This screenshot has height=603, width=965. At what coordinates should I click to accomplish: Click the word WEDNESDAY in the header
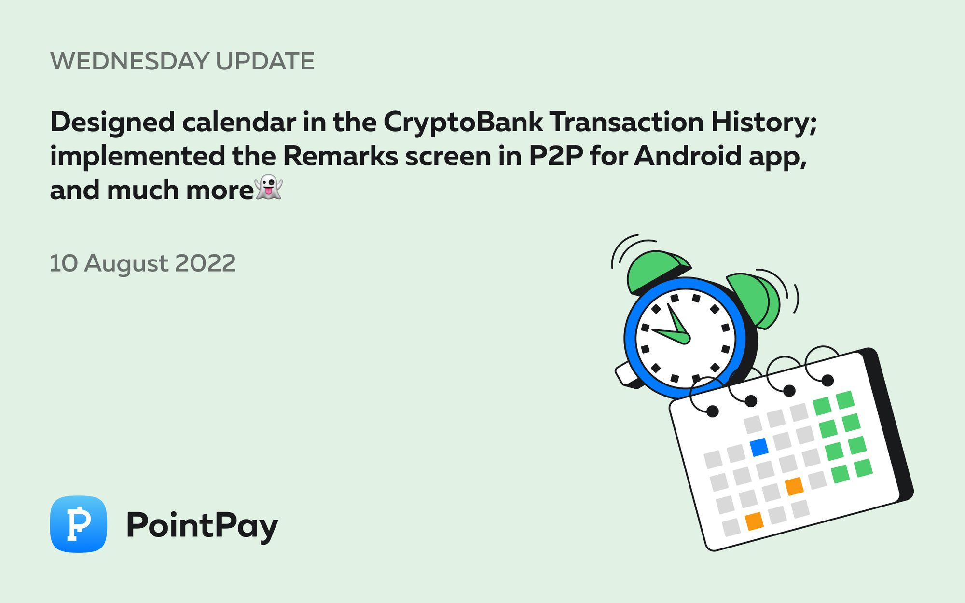129,61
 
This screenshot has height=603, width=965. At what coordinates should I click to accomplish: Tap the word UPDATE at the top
265,61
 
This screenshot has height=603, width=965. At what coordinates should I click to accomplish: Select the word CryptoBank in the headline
463,122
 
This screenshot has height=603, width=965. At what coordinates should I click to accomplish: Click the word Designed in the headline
112,122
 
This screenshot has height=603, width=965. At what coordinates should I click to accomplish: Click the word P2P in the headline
556,156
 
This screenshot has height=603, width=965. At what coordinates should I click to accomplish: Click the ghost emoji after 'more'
269,187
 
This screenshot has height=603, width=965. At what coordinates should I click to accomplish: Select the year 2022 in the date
205,263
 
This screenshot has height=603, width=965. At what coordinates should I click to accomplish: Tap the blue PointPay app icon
78,524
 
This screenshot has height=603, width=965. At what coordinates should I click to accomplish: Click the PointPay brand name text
202,525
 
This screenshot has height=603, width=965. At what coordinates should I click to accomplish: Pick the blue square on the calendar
759,447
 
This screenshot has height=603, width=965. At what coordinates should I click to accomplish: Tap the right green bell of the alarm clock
753,299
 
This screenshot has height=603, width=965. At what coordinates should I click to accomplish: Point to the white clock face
685,338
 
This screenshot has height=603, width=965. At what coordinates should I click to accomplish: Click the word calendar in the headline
239,122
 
